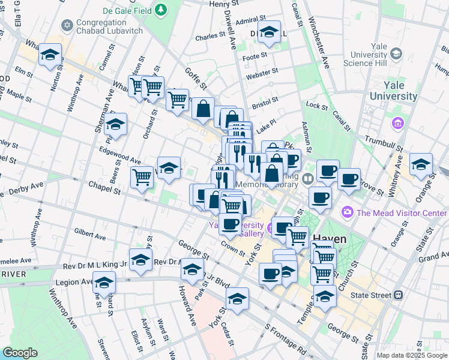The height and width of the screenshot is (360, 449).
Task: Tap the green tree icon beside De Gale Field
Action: pos(161,10)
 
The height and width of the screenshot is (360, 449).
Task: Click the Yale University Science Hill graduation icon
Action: pos(396,54)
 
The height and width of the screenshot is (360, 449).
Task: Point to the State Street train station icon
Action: pos(397,295)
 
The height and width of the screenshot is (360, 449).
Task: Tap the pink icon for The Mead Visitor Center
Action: pos(347,212)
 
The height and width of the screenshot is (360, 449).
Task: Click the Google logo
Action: pos(20,353)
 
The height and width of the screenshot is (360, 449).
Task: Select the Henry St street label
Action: pos(224,4)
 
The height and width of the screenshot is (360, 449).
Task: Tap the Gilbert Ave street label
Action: pos(89,232)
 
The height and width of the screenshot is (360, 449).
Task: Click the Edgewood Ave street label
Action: pos(120,155)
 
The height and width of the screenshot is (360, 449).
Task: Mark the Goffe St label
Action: pos(196,77)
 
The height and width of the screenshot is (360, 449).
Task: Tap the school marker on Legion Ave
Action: pos(104,281)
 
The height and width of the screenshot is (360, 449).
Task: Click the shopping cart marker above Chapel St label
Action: pos(142,176)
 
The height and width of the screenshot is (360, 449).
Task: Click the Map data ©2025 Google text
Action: pos(411,355)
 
